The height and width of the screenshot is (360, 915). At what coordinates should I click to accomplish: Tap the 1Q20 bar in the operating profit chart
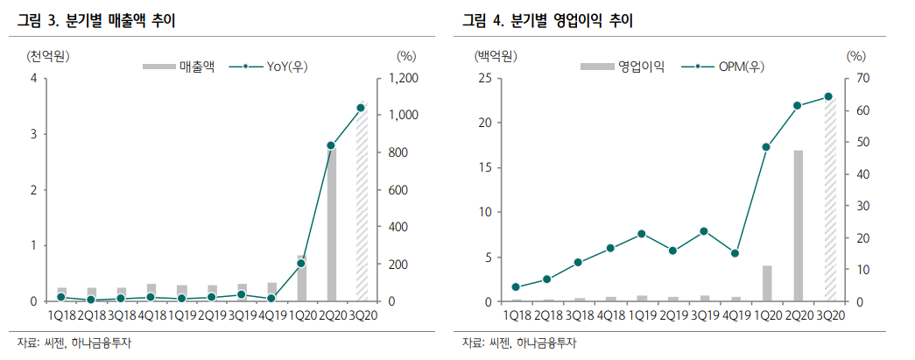[x=767, y=283]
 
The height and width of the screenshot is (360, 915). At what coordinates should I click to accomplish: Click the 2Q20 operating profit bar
[x=798, y=226]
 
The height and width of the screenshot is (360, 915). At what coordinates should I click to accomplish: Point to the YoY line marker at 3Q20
[x=361, y=108]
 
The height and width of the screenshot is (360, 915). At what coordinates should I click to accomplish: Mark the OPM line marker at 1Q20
[x=767, y=147]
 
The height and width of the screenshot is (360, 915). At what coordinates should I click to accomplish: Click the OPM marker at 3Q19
[x=704, y=231]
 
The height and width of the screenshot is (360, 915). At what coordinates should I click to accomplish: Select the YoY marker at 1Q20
[x=301, y=263]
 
